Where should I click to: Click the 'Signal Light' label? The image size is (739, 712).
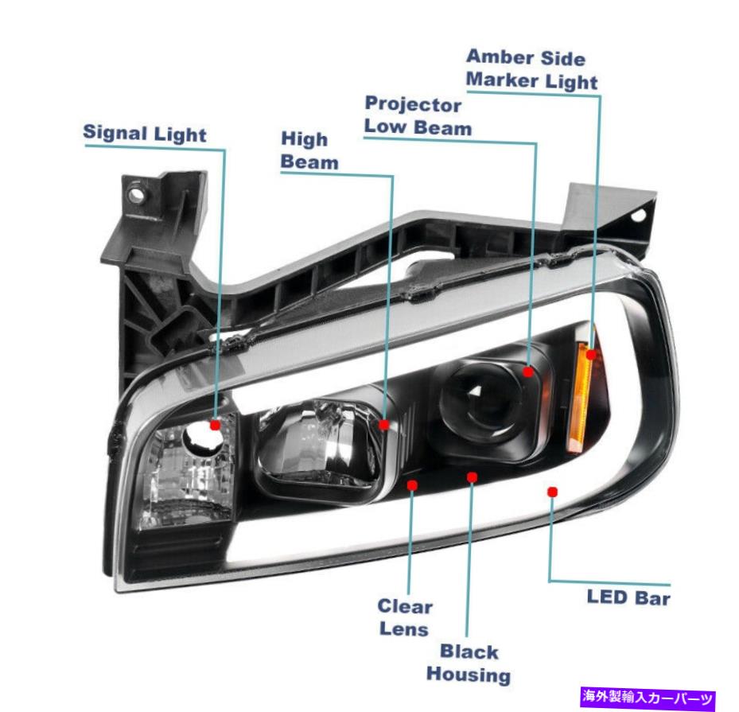pos(144,134)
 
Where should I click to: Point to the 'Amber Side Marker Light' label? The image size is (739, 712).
pos(531,69)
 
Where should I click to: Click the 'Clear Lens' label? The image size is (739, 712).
pos(405,617)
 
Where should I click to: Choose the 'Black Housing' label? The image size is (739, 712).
pos(469,663)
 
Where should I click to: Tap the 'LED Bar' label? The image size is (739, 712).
pos(628,597)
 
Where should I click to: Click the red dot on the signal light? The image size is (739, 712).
pos(215,425)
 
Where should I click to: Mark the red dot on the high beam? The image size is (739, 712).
pos(384,425)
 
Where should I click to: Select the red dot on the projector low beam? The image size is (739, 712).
pos(528,371)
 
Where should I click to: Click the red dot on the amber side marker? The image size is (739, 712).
pos(591,353)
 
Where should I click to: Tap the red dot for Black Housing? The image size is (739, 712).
pos(473,477)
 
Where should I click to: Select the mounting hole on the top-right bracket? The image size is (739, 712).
pos(637,216)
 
